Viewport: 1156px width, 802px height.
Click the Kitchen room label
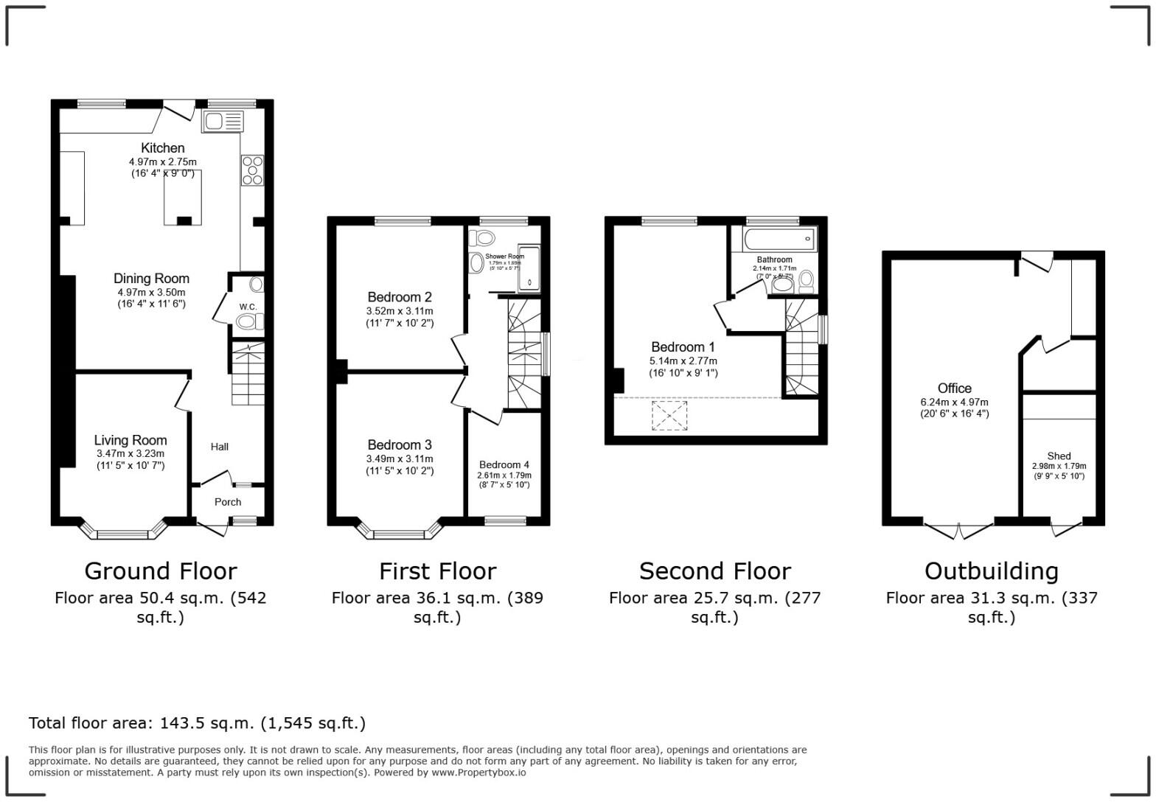pyautogui.click(x=162, y=148)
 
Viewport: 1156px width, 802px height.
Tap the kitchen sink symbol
pyautogui.click(x=222, y=122)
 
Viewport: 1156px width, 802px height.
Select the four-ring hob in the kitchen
pyautogui.click(x=252, y=170)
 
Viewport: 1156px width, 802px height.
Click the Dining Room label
pyautogui.click(x=151, y=279)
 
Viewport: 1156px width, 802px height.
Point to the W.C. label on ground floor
pyautogui.click(x=248, y=307)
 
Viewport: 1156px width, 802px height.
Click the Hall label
pyautogui.click(x=220, y=447)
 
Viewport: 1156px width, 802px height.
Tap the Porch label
pyautogui.click(x=228, y=502)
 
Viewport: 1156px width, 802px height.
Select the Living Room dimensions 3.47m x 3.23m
pyautogui.click(x=130, y=454)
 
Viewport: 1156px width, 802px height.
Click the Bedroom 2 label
pyautogui.click(x=400, y=297)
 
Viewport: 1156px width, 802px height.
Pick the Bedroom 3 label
pyautogui.click(x=400, y=445)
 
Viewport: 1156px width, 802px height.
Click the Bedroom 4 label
pyautogui.click(x=504, y=465)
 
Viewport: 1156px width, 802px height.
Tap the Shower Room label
pyautogui.click(x=505, y=257)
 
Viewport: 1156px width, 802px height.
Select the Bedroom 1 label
pyautogui.click(x=683, y=347)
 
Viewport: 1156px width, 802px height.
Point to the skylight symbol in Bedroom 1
pyautogui.click(x=669, y=416)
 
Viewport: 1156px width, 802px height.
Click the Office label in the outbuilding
pyautogui.click(x=954, y=388)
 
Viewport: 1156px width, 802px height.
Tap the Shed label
pyautogui.click(x=1059, y=456)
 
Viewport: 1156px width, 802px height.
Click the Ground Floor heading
pyautogui.click(x=160, y=571)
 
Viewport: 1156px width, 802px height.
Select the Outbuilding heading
pyautogui.click(x=992, y=571)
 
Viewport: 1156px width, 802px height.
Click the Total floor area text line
pyautogui.click(x=197, y=723)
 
